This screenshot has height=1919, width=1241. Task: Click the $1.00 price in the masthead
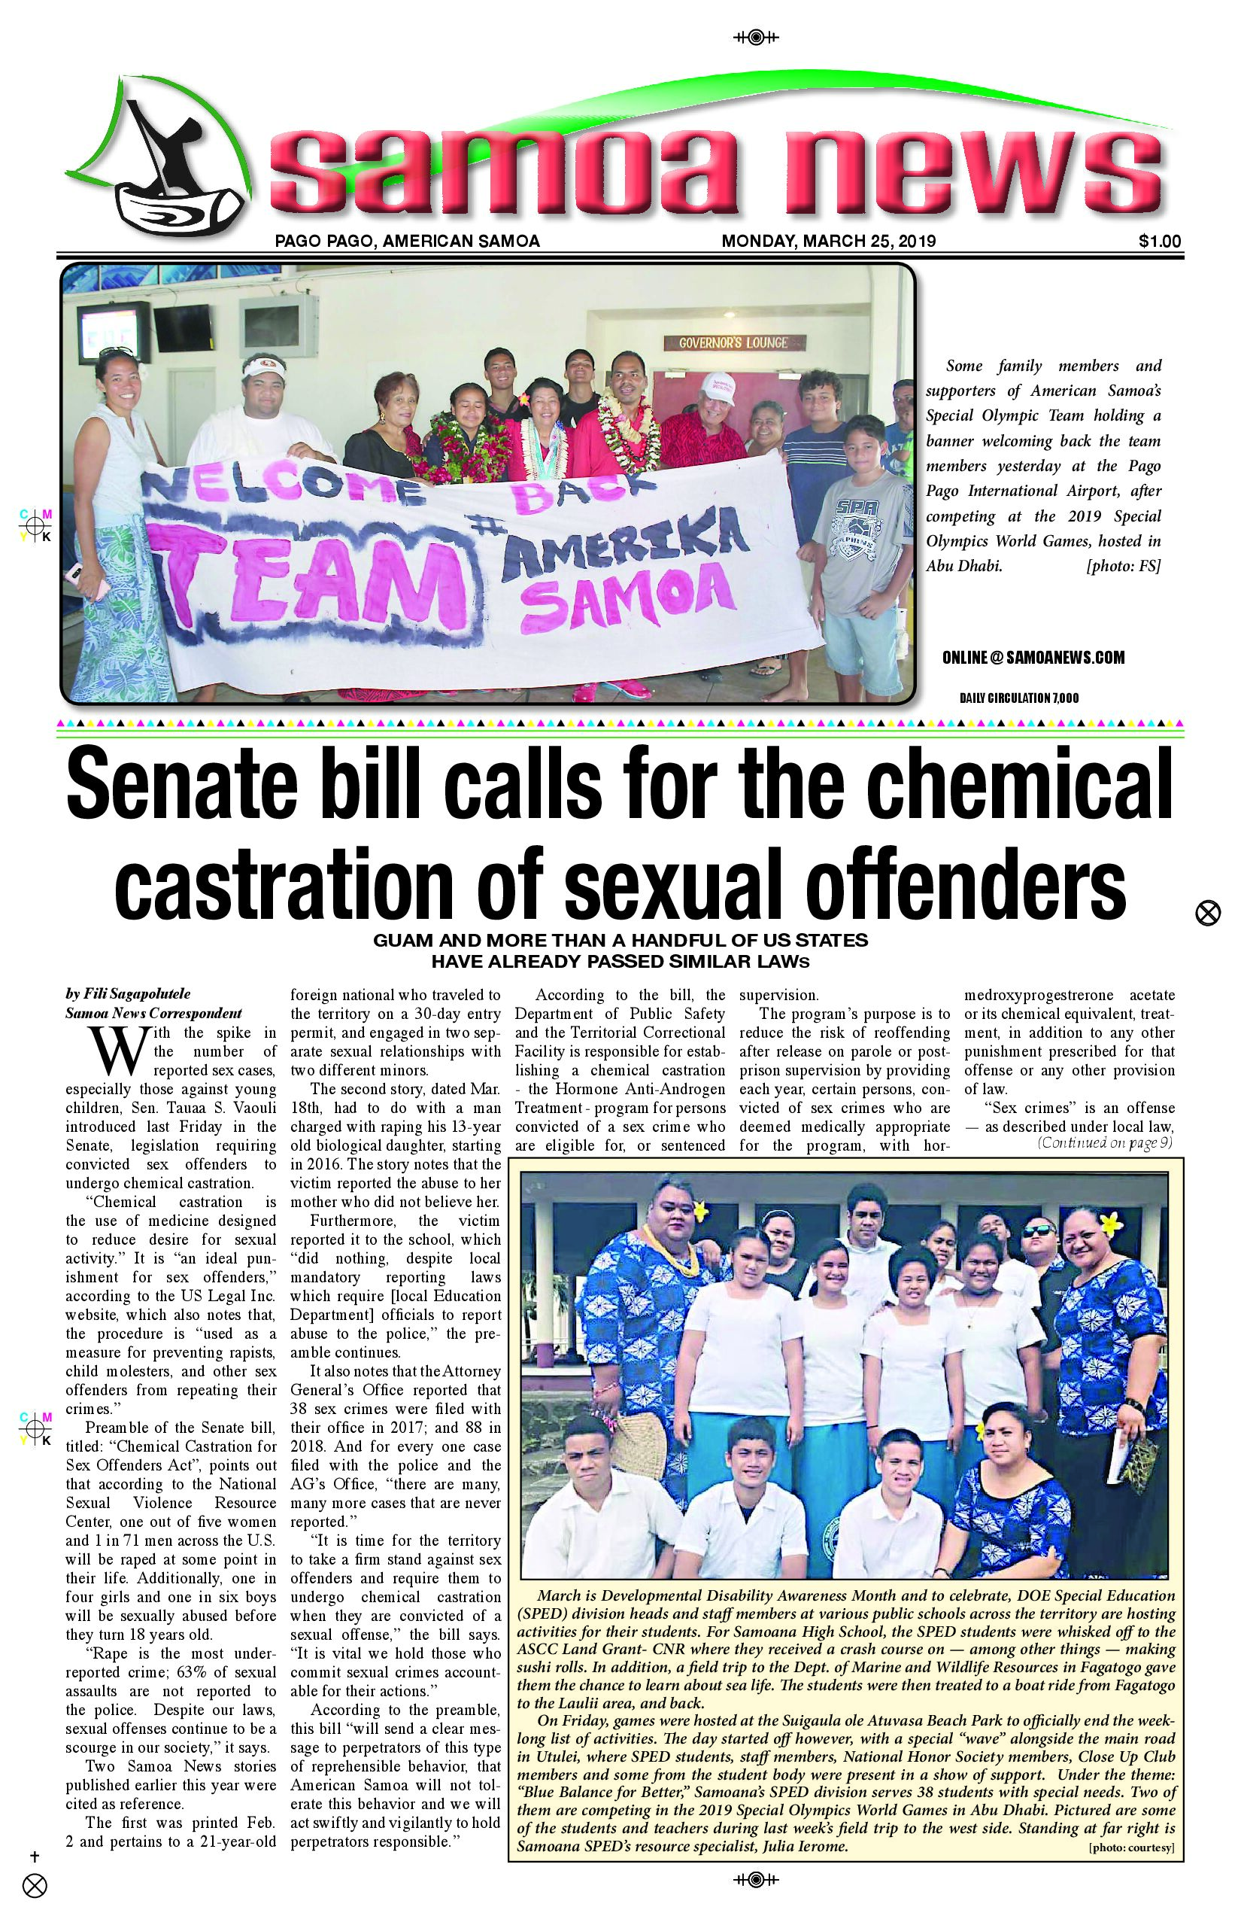1160,241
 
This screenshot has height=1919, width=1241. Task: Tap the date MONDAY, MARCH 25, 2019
828,241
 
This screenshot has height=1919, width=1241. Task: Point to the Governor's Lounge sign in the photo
733,342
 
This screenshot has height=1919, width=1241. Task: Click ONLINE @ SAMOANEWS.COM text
1033,658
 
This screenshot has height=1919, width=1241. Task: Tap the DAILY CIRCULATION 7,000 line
1018,698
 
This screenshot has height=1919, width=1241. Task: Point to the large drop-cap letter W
120,1050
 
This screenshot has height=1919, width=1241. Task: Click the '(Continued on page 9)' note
1104,1142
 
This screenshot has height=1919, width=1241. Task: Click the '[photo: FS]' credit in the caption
1124,566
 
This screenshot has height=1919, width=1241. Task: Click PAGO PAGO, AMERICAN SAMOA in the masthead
407,241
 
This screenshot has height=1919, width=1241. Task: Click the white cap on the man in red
718,388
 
